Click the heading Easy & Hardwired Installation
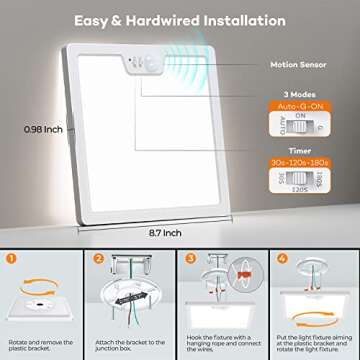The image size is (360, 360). [x=180, y=19]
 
